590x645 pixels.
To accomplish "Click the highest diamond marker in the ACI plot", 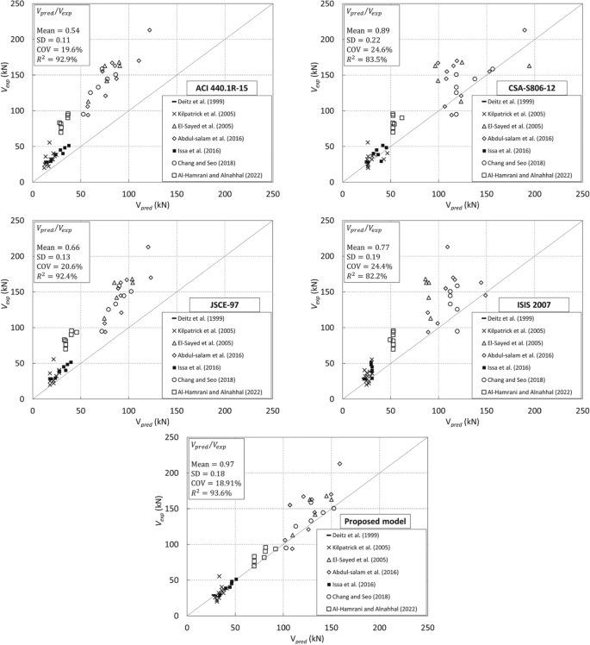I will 150,30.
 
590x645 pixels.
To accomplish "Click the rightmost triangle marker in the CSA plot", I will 529,66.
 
